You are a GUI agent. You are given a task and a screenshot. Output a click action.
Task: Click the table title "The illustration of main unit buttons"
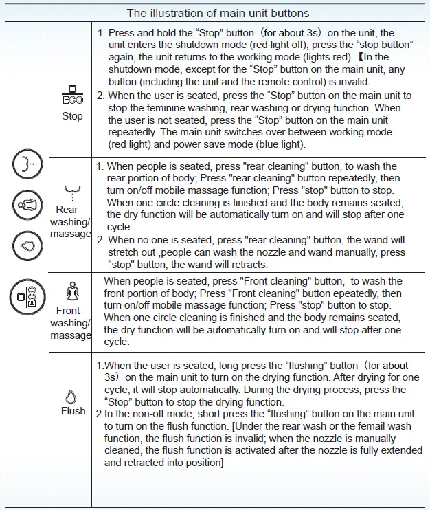[218, 13]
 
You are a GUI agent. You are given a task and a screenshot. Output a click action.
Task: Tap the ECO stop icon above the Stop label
[72, 95]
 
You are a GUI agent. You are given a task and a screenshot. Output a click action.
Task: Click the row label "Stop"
[72, 115]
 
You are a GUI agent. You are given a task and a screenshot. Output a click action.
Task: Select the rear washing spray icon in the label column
[69, 192]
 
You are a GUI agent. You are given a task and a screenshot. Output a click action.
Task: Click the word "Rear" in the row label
[67, 210]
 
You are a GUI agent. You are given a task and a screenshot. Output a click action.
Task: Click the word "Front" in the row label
[69, 311]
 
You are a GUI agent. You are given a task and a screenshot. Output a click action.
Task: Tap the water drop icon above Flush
[70, 397]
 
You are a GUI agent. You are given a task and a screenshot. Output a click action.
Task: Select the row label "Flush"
[73, 411]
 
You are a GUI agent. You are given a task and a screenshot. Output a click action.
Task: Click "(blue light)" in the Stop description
[275, 144]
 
